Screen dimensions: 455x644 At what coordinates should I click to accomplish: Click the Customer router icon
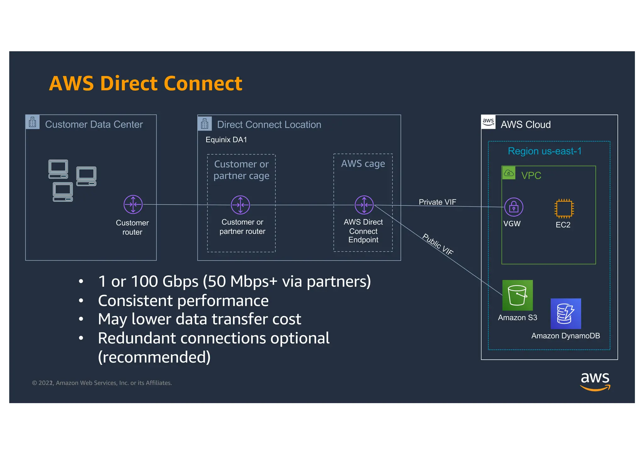click(x=133, y=204)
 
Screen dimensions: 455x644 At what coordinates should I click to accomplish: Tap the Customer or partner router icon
click(x=240, y=205)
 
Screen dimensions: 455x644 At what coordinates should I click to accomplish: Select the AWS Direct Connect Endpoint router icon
click(x=364, y=205)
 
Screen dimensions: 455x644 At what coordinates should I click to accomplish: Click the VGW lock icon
click(x=514, y=207)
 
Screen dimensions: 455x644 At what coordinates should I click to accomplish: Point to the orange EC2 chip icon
click(x=564, y=208)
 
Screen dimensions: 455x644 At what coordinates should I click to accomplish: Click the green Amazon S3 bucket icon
click(x=517, y=295)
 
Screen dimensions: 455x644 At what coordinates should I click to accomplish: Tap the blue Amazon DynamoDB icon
click(x=565, y=314)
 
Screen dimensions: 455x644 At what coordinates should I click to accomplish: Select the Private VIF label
click(x=437, y=202)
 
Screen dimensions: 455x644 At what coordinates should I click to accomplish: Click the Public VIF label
click(x=438, y=244)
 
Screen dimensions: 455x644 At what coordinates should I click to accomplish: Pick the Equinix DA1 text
click(x=226, y=140)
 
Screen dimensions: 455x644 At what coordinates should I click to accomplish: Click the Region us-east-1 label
click(x=544, y=151)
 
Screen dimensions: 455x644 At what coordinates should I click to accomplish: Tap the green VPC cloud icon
click(x=508, y=173)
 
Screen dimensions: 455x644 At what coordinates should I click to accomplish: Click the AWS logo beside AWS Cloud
click(x=488, y=122)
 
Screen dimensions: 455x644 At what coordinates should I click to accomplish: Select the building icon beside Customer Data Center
click(x=32, y=122)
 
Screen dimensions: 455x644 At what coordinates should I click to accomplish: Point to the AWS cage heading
click(x=363, y=164)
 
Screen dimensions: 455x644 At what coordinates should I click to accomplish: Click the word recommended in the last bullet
click(x=154, y=357)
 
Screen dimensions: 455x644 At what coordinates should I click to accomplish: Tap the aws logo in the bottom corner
click(x=595, y=381)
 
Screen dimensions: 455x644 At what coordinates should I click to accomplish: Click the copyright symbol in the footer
click(x=35, y=383)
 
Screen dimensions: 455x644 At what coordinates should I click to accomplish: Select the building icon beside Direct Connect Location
click(x=204, y=124)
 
